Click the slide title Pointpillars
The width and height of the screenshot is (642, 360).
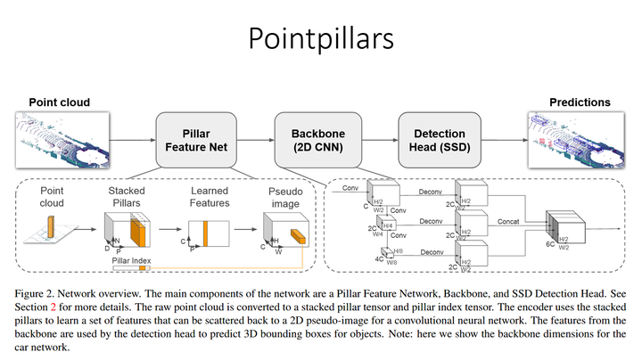pos(320,39)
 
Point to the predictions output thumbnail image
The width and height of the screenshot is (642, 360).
pos(580,139)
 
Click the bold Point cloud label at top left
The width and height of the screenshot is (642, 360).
pos(59,102)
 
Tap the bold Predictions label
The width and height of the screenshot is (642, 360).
pos(580,102)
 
